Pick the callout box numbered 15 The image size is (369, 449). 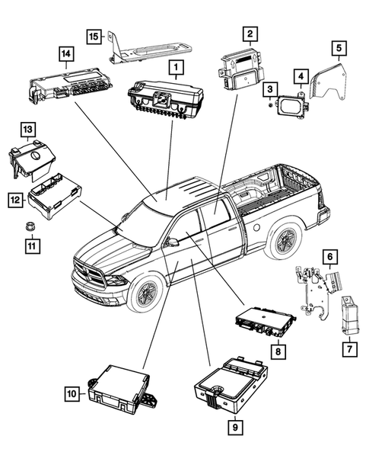coord(94,36)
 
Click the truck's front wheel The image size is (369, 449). coord(145,293)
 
